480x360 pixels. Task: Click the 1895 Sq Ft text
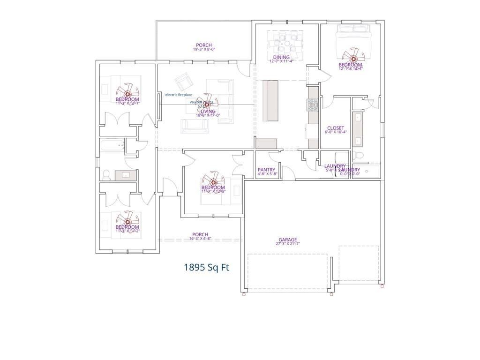[206, 268]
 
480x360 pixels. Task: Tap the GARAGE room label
[287, 240]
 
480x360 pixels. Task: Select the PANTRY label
[266, 170]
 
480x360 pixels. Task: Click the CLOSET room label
[335, 128]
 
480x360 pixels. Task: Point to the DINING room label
[281, 57]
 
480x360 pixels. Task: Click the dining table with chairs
[285, 43]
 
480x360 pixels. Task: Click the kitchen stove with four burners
[313, 104]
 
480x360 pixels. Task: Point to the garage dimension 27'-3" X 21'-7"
[287, 244]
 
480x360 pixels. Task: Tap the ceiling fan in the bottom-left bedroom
[127, 220]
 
